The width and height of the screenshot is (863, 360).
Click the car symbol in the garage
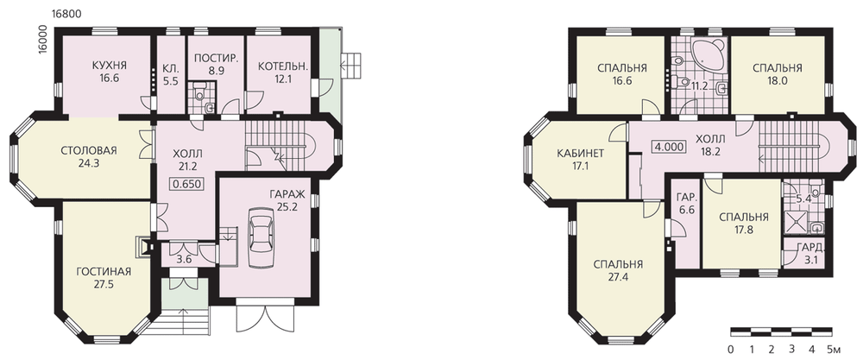click(260, 237)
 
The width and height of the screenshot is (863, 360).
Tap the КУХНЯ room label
click(110, 66)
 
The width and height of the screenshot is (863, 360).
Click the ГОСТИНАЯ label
click(104, 272)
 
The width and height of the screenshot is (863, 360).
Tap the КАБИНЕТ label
click(580, 153)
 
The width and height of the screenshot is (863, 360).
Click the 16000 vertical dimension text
click(43, 40)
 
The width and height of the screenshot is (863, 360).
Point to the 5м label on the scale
click(835, 349)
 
